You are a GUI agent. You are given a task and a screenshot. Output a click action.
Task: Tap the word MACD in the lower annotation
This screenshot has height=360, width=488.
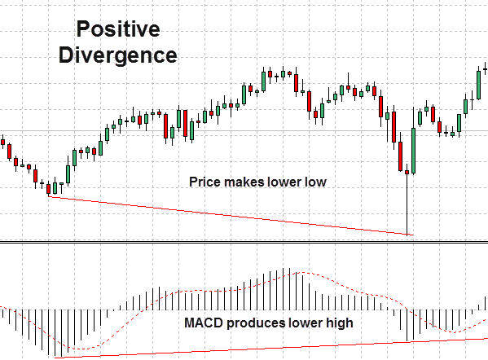(200, 323)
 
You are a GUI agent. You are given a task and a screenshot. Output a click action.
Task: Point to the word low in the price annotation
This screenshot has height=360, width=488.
(315, 182)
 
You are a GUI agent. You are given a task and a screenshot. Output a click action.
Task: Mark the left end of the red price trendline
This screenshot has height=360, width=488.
(49, 196)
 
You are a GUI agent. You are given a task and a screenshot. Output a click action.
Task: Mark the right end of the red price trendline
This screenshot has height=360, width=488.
(413, 235)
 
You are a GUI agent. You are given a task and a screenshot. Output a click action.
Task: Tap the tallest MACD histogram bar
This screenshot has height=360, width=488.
(288, 288)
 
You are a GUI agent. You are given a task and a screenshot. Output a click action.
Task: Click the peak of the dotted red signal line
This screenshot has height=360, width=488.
(301, 273)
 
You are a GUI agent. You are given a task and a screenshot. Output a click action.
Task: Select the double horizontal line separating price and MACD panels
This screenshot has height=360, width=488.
(244, 243)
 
